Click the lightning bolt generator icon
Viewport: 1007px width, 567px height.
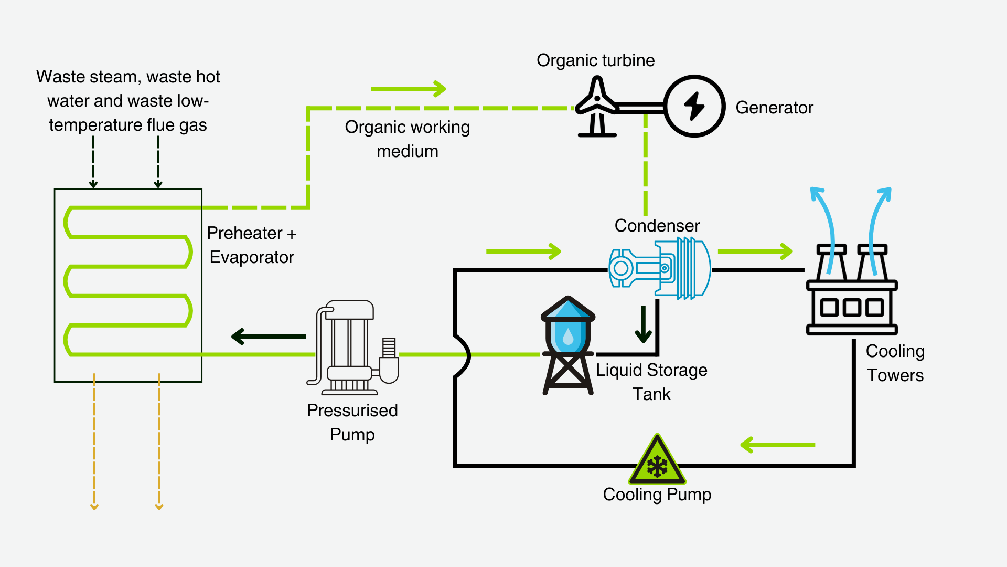[694, 106]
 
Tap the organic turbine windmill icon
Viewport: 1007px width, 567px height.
[597, 107]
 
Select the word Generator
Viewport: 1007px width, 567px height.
[774, 108]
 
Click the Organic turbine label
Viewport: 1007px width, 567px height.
[595, 60]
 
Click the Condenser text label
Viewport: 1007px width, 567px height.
[657, 226]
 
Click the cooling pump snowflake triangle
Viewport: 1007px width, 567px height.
[657, 461]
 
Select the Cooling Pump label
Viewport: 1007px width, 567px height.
[657, 495]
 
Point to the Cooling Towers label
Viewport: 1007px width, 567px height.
[895, 363]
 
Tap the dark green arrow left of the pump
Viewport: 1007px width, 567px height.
[269, 337]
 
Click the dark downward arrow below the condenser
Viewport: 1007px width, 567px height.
[643, 324]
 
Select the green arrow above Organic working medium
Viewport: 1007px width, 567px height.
[408, 89]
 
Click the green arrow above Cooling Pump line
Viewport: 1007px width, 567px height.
[777, 445]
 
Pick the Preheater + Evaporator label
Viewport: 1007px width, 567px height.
[252, 245]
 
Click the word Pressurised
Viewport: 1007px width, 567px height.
[352, 411]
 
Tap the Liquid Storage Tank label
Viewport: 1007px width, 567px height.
[651, 382]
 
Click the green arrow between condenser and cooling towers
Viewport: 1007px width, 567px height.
[755, 251]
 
